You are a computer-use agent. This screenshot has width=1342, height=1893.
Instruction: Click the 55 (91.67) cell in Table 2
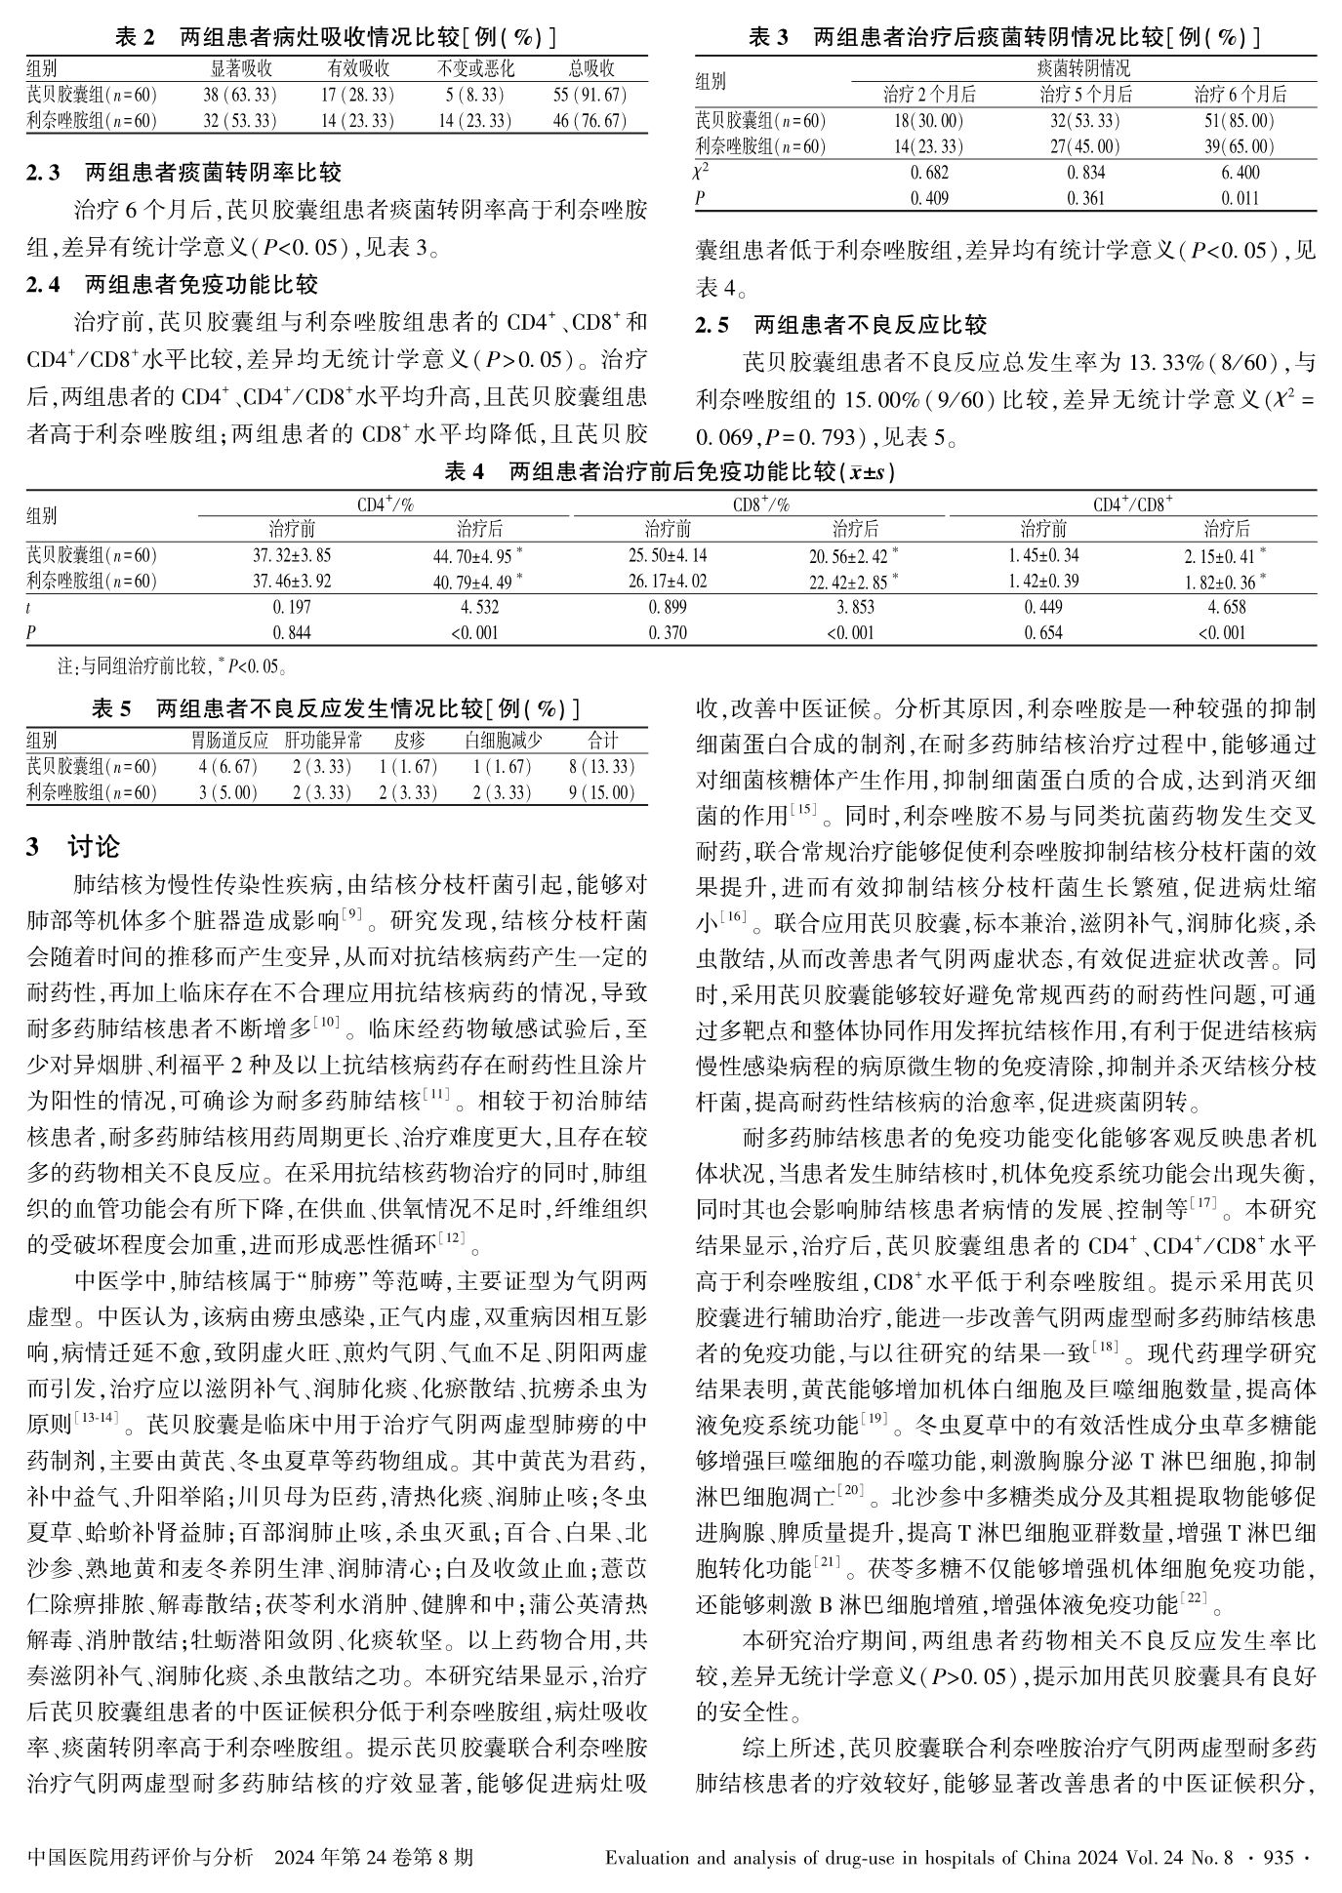[590, 96]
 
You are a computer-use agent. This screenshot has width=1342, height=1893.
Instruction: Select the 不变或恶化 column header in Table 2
[475, 69]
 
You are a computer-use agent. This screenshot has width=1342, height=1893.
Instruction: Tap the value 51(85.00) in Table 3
[1240, 121]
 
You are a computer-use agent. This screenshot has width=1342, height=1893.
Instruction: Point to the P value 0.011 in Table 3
[1240, 198]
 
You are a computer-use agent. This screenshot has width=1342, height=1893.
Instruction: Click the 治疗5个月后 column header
[1084, 95]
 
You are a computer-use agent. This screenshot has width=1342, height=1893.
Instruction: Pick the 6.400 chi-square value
[1240, 173]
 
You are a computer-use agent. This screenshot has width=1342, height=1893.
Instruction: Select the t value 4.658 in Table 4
[1226, 607]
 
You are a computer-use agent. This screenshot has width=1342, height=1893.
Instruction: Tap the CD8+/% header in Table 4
[760, 504]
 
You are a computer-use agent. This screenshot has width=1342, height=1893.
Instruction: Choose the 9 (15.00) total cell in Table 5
[601, 792]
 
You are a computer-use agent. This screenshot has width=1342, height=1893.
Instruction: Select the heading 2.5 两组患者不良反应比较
[840, 325]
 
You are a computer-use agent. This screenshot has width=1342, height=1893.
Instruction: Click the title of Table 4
[670, 472]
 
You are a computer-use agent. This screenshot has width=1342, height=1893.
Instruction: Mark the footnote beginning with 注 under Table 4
[172, 668]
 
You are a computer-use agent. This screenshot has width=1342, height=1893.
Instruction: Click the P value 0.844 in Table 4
[291, 632]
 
